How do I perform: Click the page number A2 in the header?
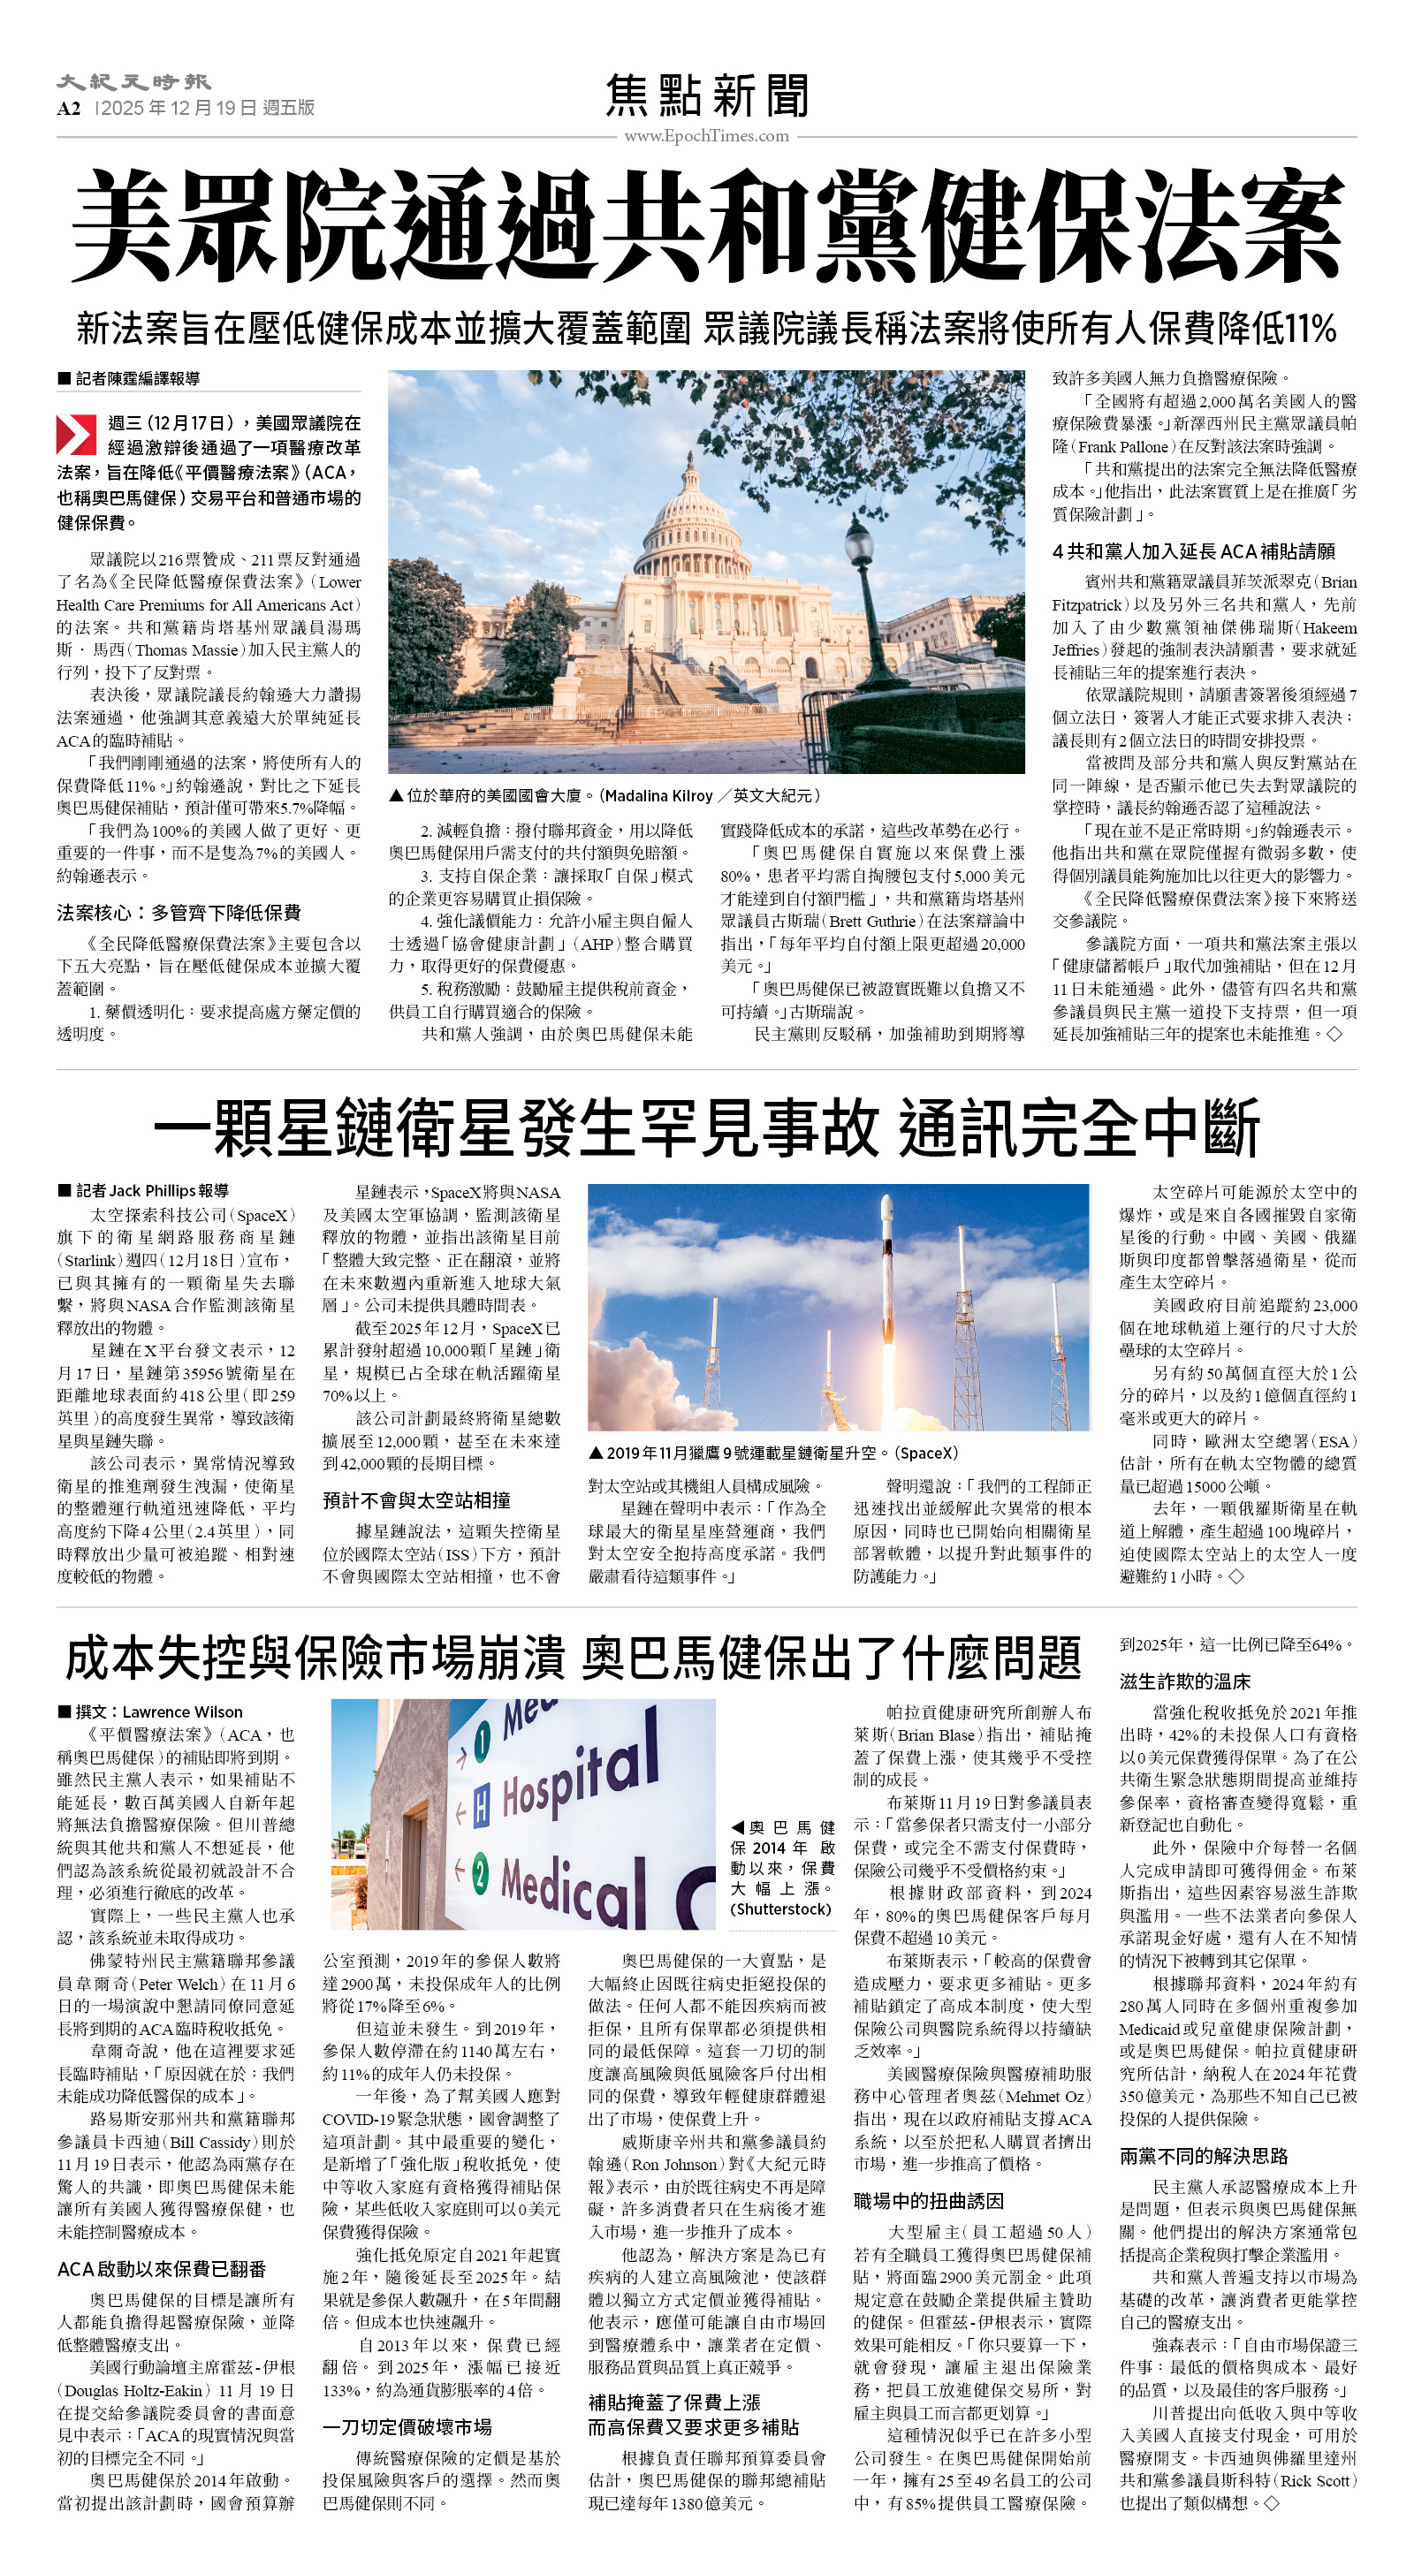tap(68, 108)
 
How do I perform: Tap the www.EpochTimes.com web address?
tap(706, 136)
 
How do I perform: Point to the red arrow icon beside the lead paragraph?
tap(76, 435)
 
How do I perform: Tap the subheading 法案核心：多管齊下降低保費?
tap(179, 912)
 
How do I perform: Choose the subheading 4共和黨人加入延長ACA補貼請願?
tap(1193, 551)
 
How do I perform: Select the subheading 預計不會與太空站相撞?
tap(417, 1500)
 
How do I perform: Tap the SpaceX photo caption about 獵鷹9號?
tap(773, 1453)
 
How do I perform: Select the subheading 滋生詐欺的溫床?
tap(1184, 1681)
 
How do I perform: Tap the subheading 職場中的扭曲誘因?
tap(928, 2200)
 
